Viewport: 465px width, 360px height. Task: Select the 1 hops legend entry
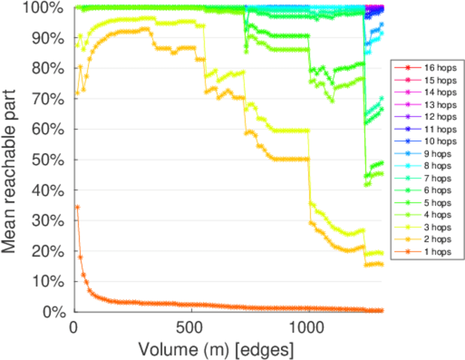coord(436,252)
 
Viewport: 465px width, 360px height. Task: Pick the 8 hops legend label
coord(436,166)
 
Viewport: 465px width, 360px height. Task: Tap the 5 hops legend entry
coord(436,203)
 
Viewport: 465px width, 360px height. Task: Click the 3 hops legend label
coord(436,227)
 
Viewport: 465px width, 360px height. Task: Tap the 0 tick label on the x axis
coord(74,329)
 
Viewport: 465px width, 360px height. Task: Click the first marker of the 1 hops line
coord(77,206)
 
